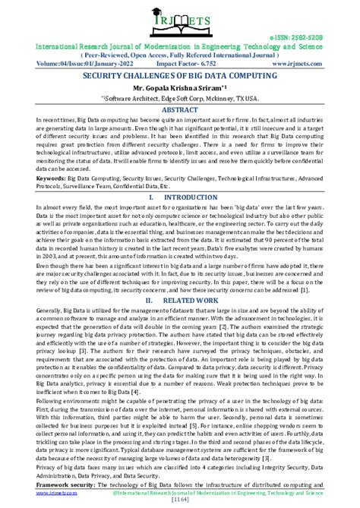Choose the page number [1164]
180,500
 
